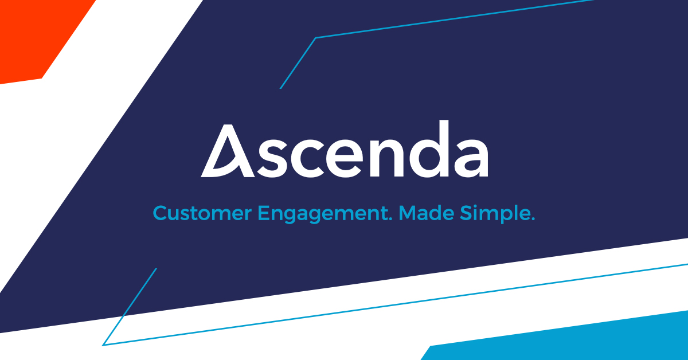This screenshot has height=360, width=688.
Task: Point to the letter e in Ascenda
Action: (345, 158)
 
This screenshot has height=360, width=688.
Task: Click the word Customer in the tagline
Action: (202, 213)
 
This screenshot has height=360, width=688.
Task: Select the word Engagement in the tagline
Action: (322, 214)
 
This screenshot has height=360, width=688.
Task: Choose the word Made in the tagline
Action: (427, 213)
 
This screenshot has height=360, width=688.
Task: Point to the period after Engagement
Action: (390, 219)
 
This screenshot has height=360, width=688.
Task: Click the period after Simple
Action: (533, 219)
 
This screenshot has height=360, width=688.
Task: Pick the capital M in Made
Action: (407, 213)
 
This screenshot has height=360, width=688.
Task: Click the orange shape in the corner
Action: (37, 37)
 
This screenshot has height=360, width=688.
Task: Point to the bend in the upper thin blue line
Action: (316, 38)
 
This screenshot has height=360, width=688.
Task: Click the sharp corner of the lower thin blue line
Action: (103, 345)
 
